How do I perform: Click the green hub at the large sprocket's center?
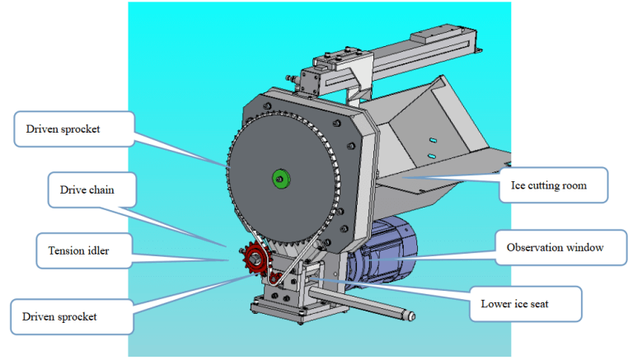pos(281,179)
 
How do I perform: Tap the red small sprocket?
pos(256,258)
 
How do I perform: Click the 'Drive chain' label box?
pos(91,190)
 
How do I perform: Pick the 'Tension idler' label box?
pos(84,250)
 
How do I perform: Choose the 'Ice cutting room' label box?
pos(553,185)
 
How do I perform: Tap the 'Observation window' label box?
pos(560,247)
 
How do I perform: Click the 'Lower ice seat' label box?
pos(525,304)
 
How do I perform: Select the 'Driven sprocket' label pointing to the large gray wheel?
pos(74,129)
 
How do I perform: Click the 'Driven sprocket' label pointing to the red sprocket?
pos(72,317)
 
